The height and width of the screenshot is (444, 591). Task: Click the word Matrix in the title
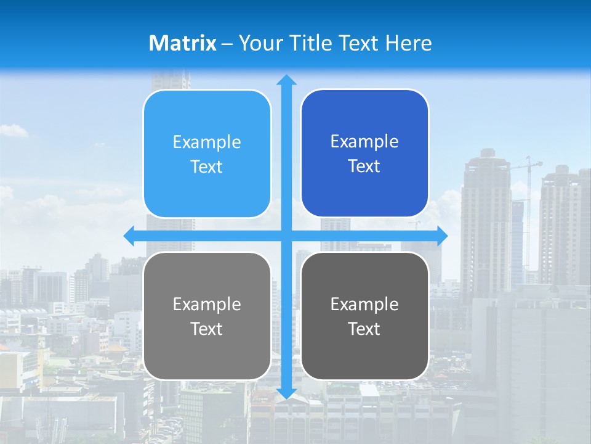pos(183,43)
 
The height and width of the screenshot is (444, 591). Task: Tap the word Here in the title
pos(409,43)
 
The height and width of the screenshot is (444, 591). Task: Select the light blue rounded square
pos(207,154)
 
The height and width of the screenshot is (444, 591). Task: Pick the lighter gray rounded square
pos(207,316)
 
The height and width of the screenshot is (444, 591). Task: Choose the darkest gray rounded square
pos(364,316)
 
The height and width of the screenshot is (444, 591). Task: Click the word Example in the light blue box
pos(207,142)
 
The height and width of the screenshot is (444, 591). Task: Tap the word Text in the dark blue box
pos(364,166)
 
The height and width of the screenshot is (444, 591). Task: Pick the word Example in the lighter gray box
pos(207,305)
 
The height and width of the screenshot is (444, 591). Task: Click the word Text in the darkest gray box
pos(364,329)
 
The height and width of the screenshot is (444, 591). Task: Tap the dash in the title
pos(227,44)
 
